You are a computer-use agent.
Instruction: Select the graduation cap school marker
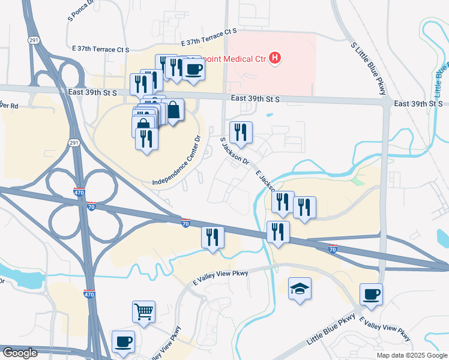click(300, 289)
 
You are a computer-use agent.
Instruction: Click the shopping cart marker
click(143, 311)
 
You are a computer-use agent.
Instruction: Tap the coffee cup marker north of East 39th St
click(193, 70)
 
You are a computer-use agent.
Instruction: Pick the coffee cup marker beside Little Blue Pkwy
click(371, 295)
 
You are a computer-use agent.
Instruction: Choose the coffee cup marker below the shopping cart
click(123, 342)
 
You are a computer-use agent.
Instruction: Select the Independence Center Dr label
click(180, 163)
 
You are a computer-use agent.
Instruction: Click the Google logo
click(20, 353)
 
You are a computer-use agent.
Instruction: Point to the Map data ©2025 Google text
click(411, 355)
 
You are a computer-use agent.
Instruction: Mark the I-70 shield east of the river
click(333, 249)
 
